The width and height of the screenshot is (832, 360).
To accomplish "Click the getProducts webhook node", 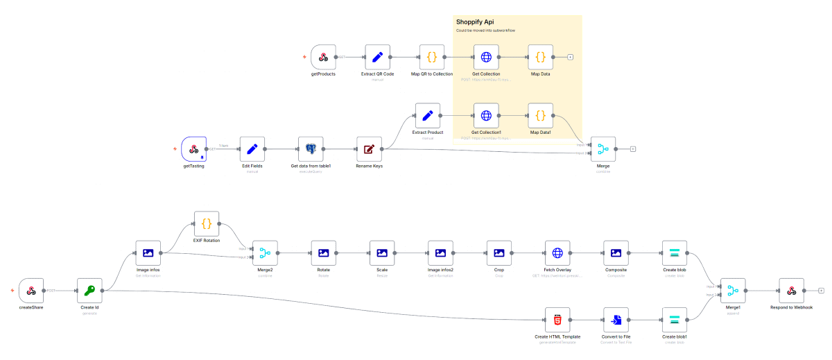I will [323, 57].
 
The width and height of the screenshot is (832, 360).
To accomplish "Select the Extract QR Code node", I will [377, 57].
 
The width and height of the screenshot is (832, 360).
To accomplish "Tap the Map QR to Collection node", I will [432, 57].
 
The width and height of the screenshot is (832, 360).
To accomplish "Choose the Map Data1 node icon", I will [540, 115].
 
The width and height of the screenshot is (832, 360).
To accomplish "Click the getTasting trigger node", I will [194, 148].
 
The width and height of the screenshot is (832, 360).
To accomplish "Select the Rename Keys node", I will [369, 148].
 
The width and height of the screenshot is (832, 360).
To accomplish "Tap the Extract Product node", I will [428, 115].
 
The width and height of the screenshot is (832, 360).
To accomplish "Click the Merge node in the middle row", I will [603, 148].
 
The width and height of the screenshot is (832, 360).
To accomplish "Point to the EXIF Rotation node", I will [207, 223].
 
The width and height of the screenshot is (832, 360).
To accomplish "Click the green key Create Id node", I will [89, 291].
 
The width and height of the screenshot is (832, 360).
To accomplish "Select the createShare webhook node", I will [31, 291].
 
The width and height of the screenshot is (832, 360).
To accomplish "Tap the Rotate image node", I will [323, 253].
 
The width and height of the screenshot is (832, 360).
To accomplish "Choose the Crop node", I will [499, 253].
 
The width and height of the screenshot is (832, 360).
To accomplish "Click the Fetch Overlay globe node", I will [557, 253].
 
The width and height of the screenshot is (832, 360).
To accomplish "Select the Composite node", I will [616, 253].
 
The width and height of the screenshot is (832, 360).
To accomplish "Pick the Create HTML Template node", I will [557, 320].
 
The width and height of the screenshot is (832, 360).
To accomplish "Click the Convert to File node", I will [616, 320].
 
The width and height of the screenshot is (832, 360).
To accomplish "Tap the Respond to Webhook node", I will [791, 291].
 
